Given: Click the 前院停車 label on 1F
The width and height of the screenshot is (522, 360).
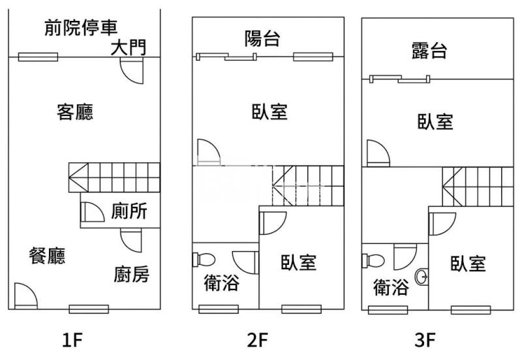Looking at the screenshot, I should click(x=81, y=28).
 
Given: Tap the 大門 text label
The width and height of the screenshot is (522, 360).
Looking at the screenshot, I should click(x=128, y=48).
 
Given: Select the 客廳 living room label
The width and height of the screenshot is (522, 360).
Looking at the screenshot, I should click(x=75, y=113).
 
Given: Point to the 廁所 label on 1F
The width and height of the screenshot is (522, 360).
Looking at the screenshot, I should click(x=129, y=212).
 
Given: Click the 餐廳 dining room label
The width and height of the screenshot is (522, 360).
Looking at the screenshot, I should click(x=47, y=256).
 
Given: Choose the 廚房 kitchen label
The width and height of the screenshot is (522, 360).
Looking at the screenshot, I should click(x=131, y=275).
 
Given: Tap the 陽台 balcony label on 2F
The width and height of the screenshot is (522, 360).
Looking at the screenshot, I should click(x=262, y=39).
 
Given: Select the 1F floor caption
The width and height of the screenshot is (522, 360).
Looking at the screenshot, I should click(x=72, y=339).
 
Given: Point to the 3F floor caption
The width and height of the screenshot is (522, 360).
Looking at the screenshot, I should click(x=425, y=339).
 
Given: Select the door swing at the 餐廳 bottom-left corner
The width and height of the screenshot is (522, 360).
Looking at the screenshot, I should click(x=25, y=295).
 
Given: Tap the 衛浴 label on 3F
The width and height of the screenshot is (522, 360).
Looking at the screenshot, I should click(x=391, y=287).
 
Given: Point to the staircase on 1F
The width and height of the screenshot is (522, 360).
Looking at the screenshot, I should click(x=114, y=176).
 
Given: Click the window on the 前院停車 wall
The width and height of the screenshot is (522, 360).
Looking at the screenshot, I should click(x=38, y=57).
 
